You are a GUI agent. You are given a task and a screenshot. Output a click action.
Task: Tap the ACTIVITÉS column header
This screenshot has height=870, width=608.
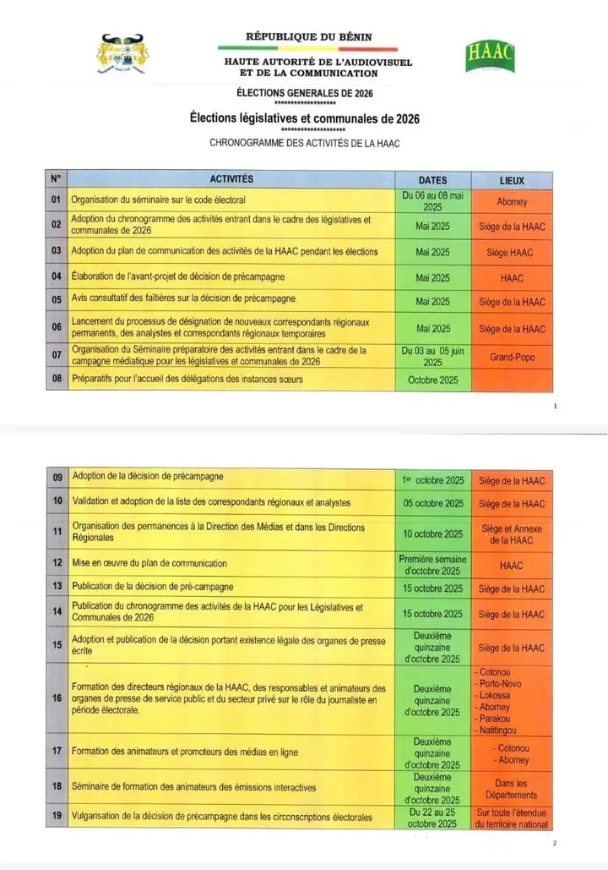click(231, 179)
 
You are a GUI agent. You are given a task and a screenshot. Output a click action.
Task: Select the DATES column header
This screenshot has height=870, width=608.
click(432, 180)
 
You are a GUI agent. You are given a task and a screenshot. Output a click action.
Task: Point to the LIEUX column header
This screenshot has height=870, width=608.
click(512, 180)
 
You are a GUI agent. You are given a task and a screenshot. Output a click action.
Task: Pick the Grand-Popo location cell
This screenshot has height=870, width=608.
click(512, 357)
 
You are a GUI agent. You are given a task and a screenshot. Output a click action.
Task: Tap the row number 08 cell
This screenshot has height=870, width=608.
click(56, 380)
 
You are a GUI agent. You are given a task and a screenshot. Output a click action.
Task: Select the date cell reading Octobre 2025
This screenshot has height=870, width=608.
click(432, 380)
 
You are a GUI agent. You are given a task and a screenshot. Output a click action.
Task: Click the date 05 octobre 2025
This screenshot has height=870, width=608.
click(432, 503)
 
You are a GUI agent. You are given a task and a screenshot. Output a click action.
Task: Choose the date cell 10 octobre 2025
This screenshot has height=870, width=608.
click(432, 534)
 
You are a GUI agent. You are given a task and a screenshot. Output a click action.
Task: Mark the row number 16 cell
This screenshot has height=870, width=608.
click(57, 698)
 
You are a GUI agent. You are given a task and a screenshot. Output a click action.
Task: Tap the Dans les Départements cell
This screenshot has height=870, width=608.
click(512, 789)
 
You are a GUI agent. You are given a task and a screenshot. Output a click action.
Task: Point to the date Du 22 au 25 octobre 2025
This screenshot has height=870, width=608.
click(432, 818)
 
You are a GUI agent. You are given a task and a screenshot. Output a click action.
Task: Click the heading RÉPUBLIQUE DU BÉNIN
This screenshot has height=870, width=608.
click(308, 37)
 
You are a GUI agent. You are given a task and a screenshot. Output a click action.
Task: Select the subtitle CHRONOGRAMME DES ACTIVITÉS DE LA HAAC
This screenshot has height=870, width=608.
click(304, 143)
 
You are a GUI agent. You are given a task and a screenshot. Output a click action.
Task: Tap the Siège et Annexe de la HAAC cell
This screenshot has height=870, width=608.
click(512, 534)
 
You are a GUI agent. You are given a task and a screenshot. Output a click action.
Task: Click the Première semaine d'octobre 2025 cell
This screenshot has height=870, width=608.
click(432, 564)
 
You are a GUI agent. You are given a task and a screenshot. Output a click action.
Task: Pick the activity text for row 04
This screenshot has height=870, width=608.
click(178, 277)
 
